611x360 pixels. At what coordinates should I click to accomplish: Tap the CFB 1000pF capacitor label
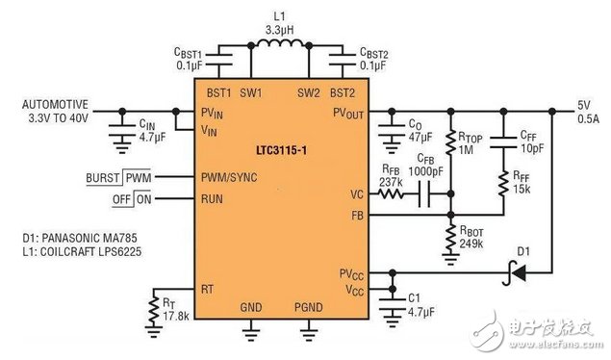coord(429,165)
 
